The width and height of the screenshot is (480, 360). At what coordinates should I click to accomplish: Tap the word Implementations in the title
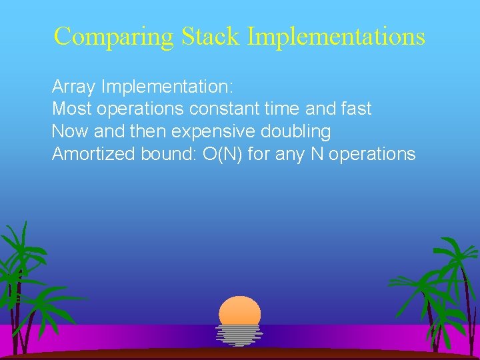click(336, 37)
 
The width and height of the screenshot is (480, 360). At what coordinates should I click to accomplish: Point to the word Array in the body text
click(74, 87)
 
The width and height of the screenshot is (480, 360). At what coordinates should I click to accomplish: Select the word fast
click(355, 109)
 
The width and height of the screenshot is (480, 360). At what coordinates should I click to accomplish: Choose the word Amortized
click(94, 154)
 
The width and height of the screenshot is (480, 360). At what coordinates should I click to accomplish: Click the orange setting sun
click(239, 311)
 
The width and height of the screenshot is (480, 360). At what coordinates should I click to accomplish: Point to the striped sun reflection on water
click(239, 335)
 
